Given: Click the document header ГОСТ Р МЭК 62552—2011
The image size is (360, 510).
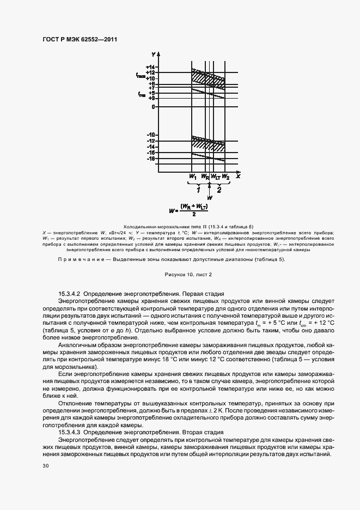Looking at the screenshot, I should pyautogui.click(x=80, y=39).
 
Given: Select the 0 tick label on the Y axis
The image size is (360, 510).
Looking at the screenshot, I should pyautogui.click(x=154, y=107).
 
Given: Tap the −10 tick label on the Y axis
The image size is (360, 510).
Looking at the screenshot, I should pyautogui.click(x=150, y=135).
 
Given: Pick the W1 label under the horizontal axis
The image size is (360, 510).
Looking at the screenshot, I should pyautogui.click(x=192, y=177).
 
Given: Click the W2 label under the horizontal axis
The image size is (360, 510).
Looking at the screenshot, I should pyautogui.click(x=225, y=177).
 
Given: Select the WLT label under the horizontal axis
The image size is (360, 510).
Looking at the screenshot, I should pyautogui.click(x=215, y=177).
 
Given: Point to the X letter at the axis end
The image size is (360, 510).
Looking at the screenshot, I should pyautogui.click(x=238, y=177).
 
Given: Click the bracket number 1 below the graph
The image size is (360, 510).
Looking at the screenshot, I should pyautogui.click(x=198, y=190).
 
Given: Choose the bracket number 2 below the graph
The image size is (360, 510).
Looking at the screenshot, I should pyautogui.click(x=219, y=190).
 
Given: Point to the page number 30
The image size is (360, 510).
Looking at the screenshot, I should pyautogui.click(x=45, y=466).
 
